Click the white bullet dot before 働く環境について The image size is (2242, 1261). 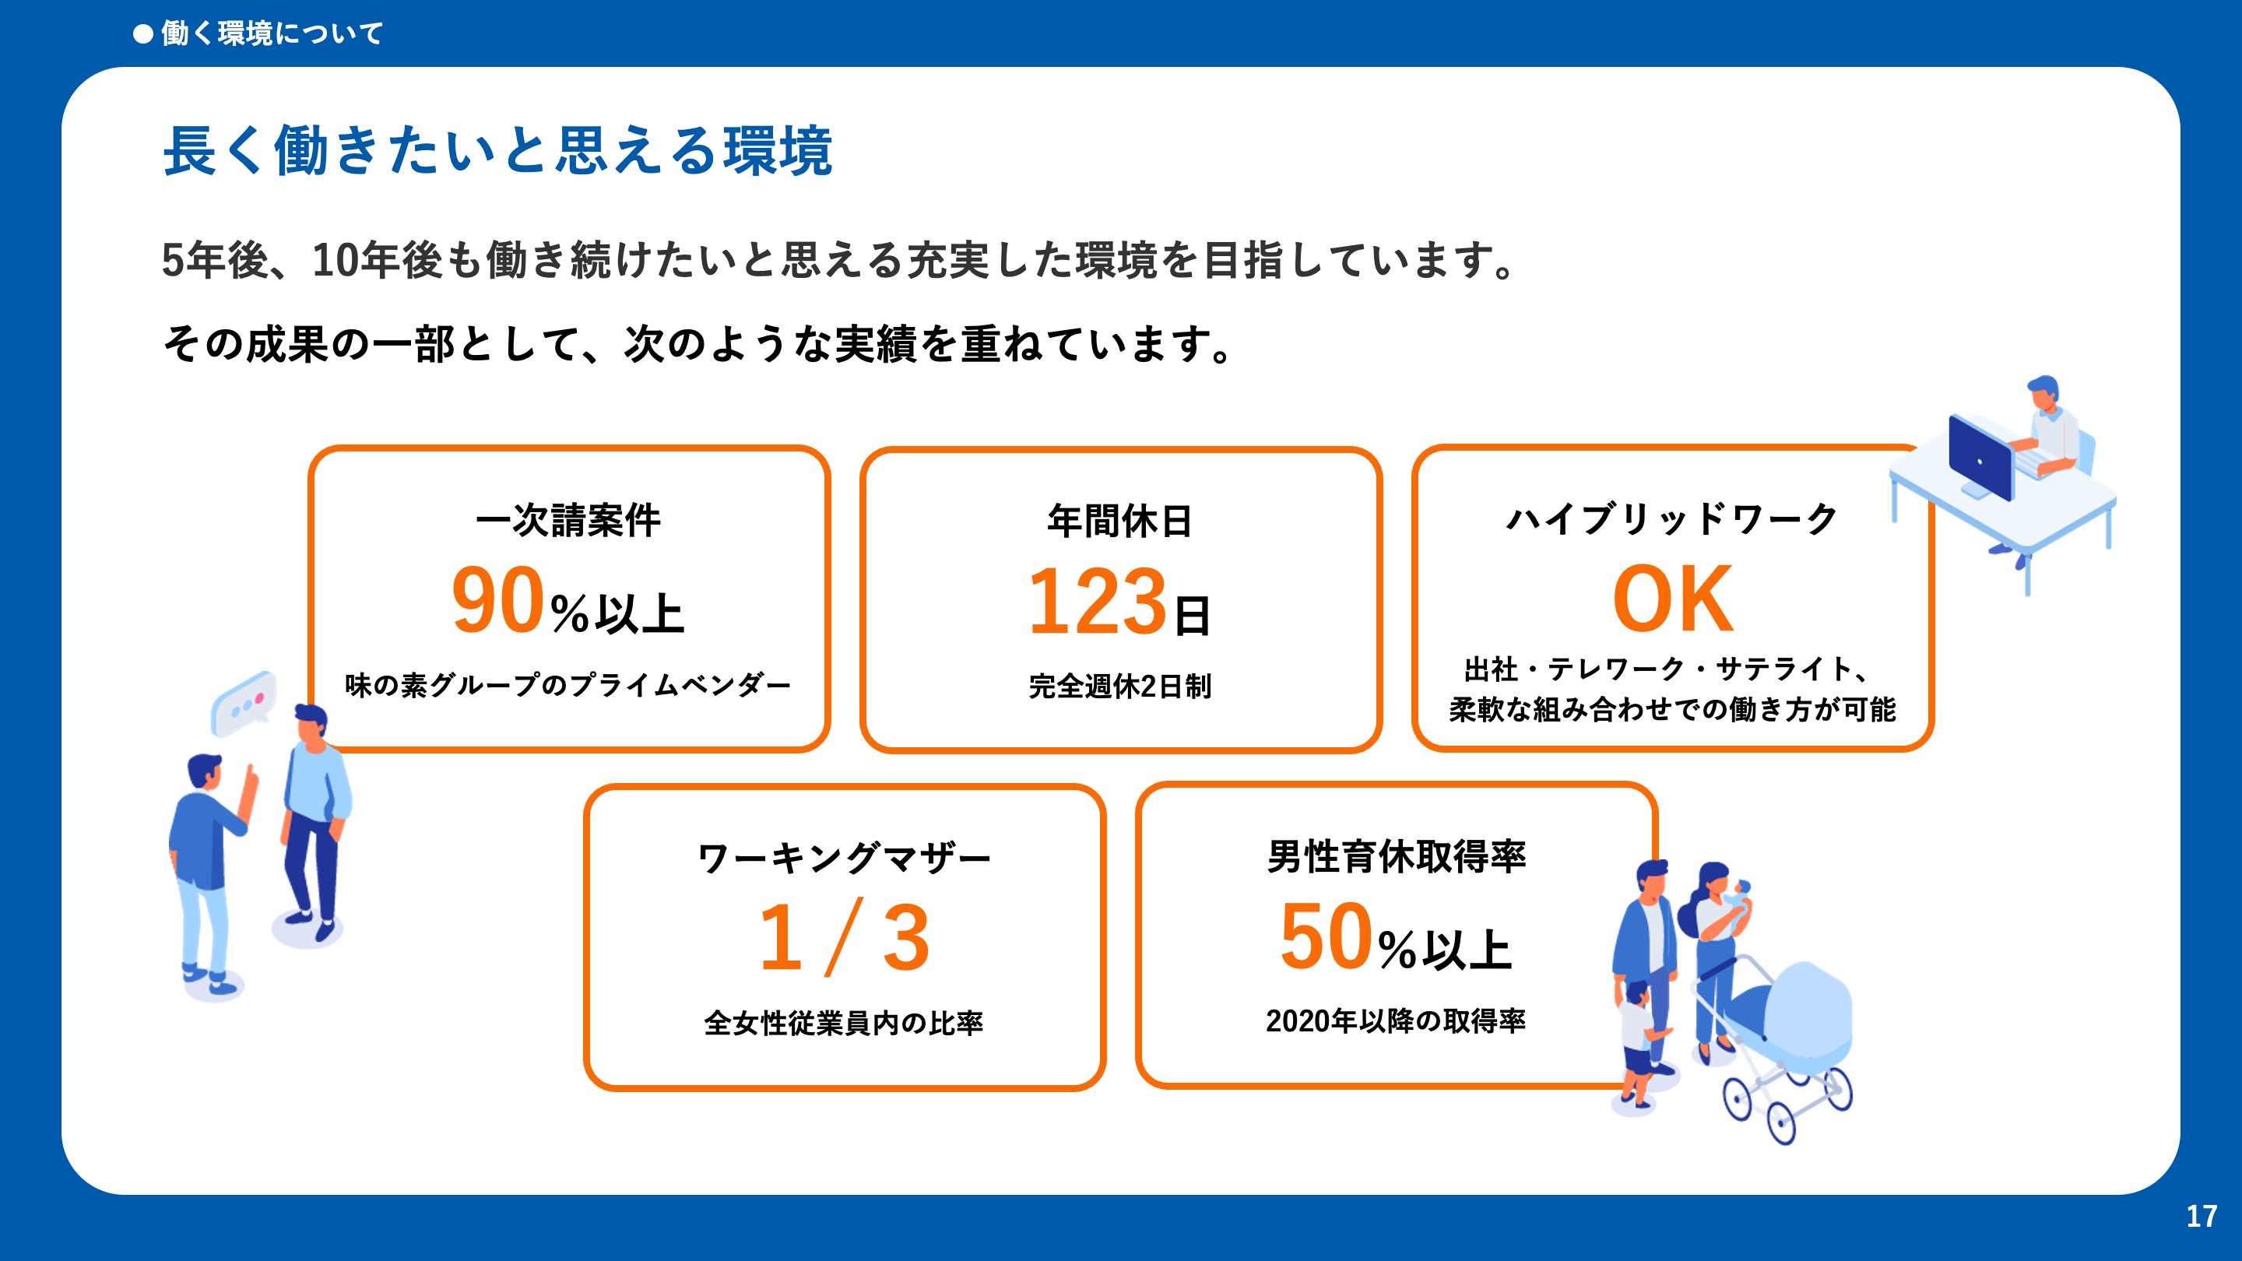(142, 34)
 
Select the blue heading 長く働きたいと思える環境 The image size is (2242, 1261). (498, 150)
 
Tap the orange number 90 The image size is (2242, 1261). (499, 599)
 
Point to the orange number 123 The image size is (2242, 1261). (1098, 600)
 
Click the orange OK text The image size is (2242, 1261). (1673, 599)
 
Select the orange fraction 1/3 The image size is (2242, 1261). (844, 936)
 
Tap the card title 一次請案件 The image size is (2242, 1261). (568, 521)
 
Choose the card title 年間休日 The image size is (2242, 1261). (1120, 521)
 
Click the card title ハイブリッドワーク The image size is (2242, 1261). (1672, 519)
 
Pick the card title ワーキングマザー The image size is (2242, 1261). (844, 858)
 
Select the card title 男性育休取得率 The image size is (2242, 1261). (1396, 856)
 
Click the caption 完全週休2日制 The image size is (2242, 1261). (1120, 686)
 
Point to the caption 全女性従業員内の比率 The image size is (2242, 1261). (843, 1023)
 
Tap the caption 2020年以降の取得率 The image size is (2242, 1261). (1395, 1020)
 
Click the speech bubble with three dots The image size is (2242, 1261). (244, 702)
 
